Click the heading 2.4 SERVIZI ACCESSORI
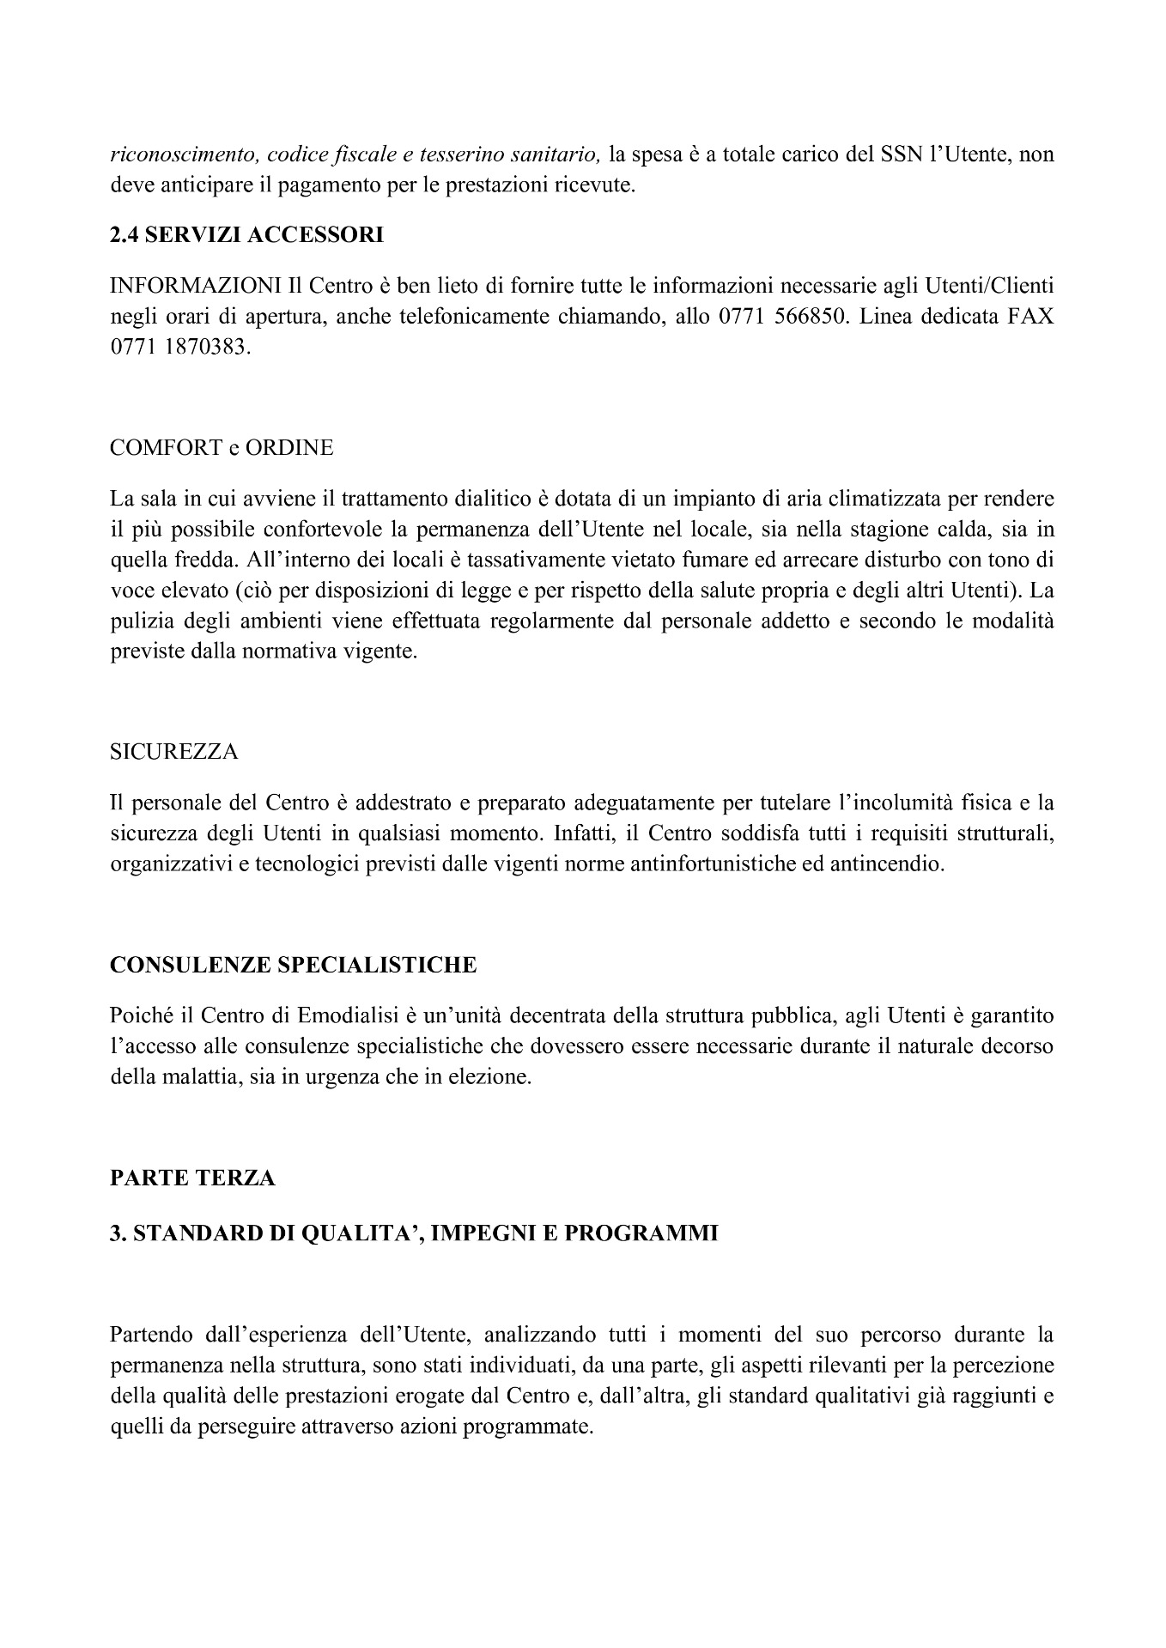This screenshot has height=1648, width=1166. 246,235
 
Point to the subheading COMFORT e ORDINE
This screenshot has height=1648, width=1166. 222,448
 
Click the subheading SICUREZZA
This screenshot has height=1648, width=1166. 174,752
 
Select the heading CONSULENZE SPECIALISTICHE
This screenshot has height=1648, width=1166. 293,965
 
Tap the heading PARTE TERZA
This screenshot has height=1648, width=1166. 192,1178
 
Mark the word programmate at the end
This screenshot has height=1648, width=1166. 539,1427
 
